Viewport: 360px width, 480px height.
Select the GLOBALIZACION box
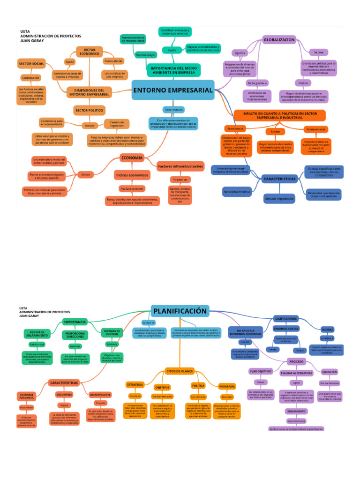pyautogui.click(x=279, y=40)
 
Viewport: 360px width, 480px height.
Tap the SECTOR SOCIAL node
pyautogui.click(x=31, y=63)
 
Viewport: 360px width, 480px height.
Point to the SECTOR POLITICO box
pyautogui.click(x=89, y=110)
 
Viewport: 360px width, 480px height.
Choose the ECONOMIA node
pyautogui.click(x=132, y=158)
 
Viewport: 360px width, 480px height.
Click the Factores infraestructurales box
pyautogui.click(x=180, y=166)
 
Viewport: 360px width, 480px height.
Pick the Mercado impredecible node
pyautogui.click(x=279, y=198)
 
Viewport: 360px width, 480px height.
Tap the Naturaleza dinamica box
pyautogui.click(x=236, y=191)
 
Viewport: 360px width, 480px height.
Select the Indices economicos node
pyautogui.click(x=132, y=175)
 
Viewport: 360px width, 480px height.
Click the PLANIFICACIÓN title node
pyautogui.click(x=180, y=311)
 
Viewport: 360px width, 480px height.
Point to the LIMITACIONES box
pyautogui.click(x=286, y=319)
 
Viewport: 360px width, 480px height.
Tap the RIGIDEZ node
pyautogui.click(x=328, y=330)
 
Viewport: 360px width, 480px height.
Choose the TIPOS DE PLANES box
pyautogui.click(x=180, y=371)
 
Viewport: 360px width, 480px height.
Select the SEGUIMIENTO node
pyautogui.click(x=296, y=411)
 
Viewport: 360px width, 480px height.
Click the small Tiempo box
pyautogui.click(x=272, y=349)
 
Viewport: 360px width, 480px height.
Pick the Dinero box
pyautogui.click(x=300, y=350)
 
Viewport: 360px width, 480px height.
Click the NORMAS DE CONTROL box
pyautogui.click(x=112, y=332)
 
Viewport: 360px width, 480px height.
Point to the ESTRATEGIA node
pyautogui.click(x=135, y=384)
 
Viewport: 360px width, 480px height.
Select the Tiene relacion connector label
pyautogui.click(x=173, y=109)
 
